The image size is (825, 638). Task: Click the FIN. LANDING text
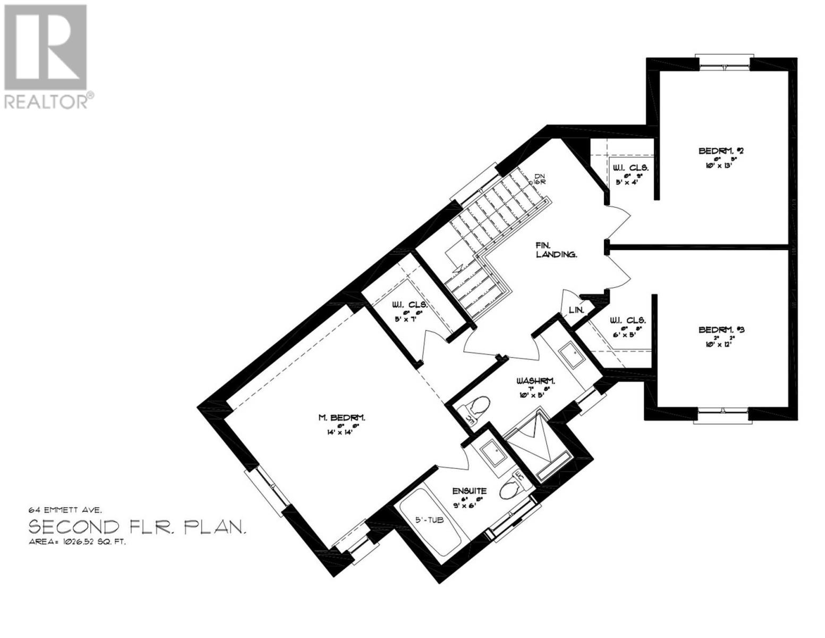[x=556, y=250]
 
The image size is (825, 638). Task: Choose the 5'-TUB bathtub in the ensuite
[x=430, y=523]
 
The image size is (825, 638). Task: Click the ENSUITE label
[x=469, y=491]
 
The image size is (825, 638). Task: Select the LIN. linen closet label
[x=576, y=309]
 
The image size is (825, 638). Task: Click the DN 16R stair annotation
[x=540, y=179]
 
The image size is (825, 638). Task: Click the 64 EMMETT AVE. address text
[x=62, y=509]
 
